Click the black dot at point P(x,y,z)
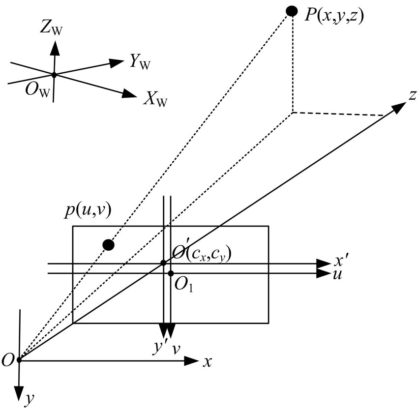[x=292, y=10]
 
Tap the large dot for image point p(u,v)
[x=109, y=244]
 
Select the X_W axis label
[x=155, y=100]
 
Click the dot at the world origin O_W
[x=54, y=75]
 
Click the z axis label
[x=412, y=95]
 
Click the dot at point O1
[x=171, y=273]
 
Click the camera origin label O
[x=8, y=360]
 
